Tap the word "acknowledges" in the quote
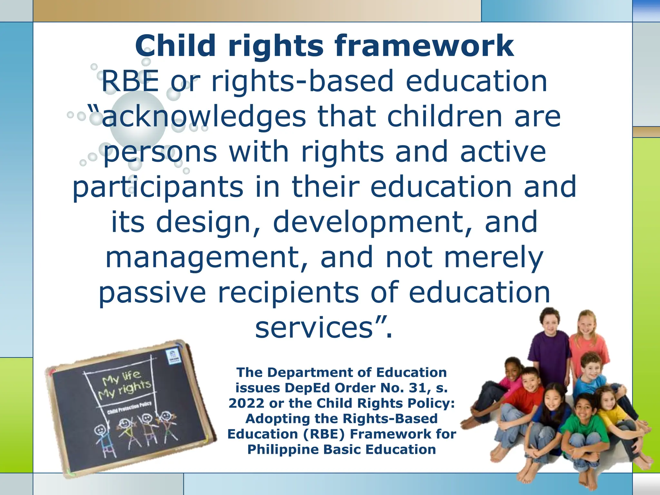(203, 117)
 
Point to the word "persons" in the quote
(160, 152)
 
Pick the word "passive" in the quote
(152, 293)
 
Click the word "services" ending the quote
(314, 328)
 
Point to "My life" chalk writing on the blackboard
(121, 377)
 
